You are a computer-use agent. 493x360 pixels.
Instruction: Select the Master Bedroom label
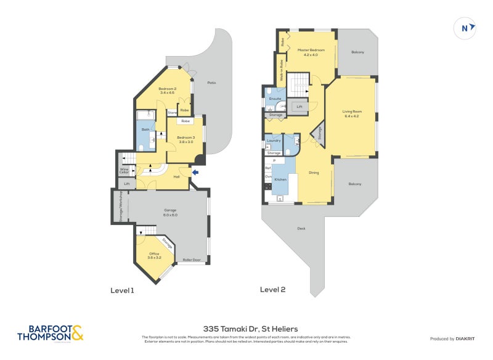click(x=311, y=52)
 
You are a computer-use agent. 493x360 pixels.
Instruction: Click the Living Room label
click(x=352, y=114)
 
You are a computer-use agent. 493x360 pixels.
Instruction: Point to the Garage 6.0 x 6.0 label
click(x=170, y=213)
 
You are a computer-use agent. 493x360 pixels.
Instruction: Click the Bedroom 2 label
click(x=167, y=91)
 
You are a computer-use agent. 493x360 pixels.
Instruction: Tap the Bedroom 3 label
click(x=185, y=139)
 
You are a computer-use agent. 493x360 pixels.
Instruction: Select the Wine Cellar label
click(x=124, y=170)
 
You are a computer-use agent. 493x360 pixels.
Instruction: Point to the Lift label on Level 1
click(x=127, y=184)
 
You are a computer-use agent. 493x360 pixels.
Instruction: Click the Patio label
click(x=211, y=83)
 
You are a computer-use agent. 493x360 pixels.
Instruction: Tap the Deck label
click(x=301, y=229)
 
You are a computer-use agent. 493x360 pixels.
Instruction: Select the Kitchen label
click(x=280, y=179)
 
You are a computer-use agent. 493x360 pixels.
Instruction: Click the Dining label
click(x=314, y=173)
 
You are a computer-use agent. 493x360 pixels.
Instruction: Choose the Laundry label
click(x=274, y=141)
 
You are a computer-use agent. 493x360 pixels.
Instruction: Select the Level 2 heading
click(x=272, y=289)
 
